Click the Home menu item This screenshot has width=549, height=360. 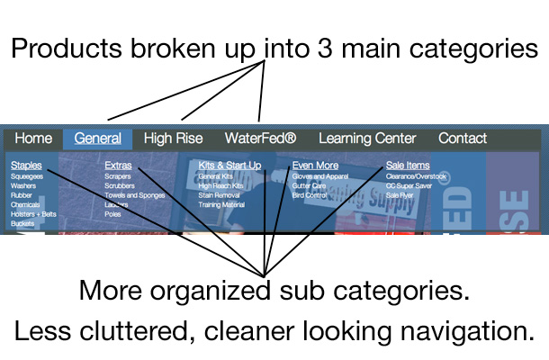(x=33, y=139)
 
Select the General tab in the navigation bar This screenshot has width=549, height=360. (x=98, y=139)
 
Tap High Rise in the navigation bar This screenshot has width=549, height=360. (x=173, y=139)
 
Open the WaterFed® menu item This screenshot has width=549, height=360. (x=260, y=139)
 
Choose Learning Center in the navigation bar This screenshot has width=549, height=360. (x=367, y=139)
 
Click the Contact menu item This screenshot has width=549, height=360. (x=463, y=139)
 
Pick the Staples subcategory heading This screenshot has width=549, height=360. (x=26, y=166)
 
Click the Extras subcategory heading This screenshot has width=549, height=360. (x=118, y=166)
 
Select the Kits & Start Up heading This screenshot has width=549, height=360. (x=229, y=166)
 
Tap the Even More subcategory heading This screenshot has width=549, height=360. (x=315, y=166)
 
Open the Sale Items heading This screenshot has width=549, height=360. (x=408, y=166)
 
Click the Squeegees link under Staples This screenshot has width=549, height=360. (x=27, y=177)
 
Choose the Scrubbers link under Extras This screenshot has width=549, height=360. (x=119, y=186)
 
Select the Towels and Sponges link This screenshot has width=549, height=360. (x=134, y=195)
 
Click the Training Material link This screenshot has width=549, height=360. (x=220, y=205)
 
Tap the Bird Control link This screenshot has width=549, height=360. (x=310, y=195)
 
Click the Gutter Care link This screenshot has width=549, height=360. (x=308, y=186)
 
